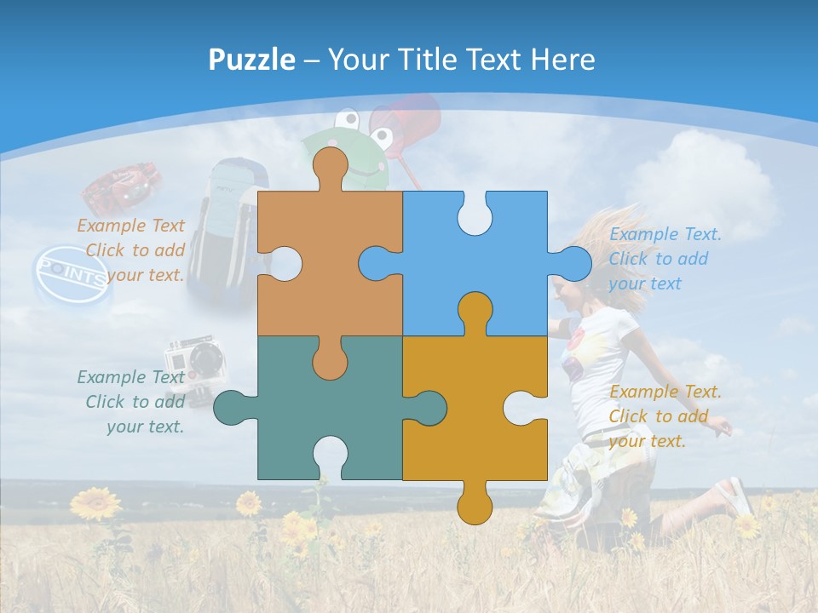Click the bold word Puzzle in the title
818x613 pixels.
click(x=251, y=60)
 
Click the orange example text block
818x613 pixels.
click(x=132, y=250)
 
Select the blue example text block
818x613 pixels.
click(x=665, y=259)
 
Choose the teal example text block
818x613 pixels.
click(x=132, y=402)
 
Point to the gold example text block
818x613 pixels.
click(x=665, y=416)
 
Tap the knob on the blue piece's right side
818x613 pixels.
click(x=572, y=263)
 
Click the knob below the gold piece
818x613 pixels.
click(x=475, y=504)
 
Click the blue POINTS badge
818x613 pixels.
click(x=73, y=276)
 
